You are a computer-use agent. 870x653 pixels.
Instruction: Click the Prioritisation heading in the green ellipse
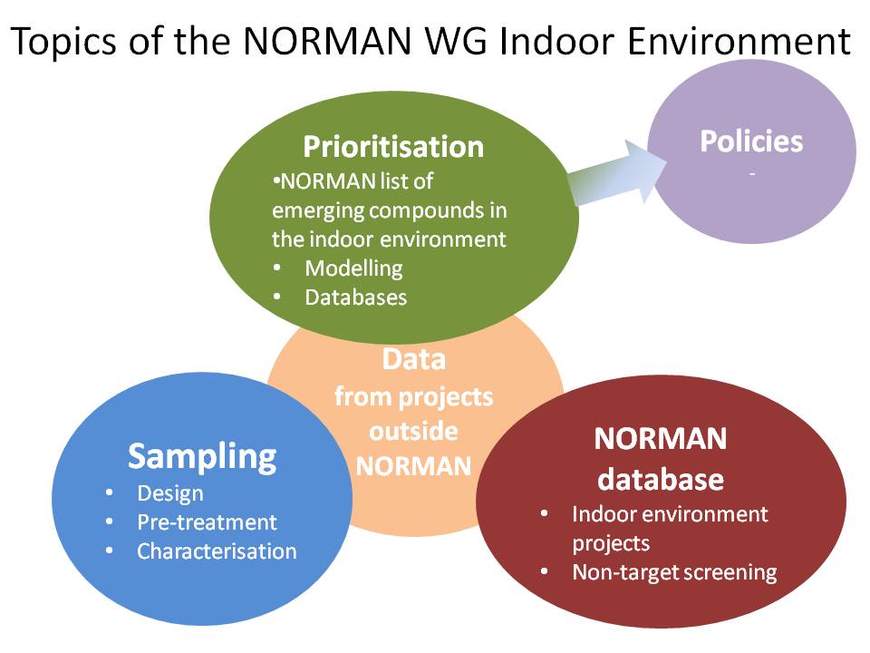click(x=393, y=147)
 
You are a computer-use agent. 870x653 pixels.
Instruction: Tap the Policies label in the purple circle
click(x=751, y=141)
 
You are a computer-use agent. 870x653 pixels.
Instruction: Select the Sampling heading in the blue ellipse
click(x=202, y=457)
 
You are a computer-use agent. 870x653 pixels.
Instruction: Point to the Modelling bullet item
click(x=353, y=268)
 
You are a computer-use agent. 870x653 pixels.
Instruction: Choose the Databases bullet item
click(x=355, y=297)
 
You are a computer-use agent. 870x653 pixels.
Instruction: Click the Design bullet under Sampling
click(x=169, y=493)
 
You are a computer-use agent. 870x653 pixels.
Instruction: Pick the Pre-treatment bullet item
click(x=207, y=522)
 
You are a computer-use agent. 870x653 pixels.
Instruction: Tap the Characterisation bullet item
click(x=217, y=551)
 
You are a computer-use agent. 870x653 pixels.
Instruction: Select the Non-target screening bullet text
click(x=674, y=572)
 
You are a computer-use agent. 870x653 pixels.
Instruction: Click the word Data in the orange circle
click(x=414, y=359)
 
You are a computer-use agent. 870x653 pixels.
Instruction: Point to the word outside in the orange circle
click(x=414, y=432)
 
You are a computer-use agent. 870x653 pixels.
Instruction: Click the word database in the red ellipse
click(x=661, y=479)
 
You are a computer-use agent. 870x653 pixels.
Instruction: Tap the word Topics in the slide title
click(x=63, y=41)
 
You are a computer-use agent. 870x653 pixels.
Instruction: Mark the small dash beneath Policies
click(x=752, y=174)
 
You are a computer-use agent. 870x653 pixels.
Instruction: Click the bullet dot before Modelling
click(x=277, y=268)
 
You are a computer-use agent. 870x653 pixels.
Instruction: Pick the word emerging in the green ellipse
click(x=318, y=211)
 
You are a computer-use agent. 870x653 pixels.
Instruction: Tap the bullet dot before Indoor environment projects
click(x=545, y=513)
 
